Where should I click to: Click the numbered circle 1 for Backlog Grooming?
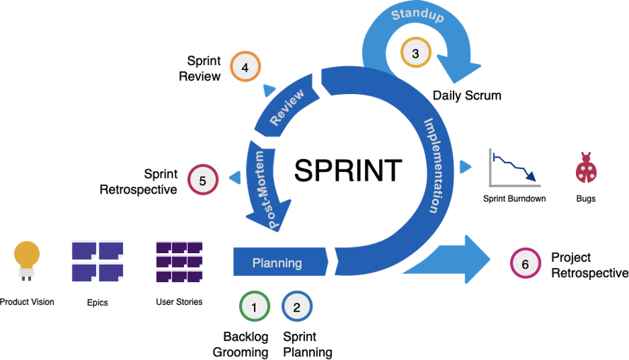tap(254, 308)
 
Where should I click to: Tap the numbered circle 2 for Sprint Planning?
tap(297, 308)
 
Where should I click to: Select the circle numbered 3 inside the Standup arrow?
tap(415, 53)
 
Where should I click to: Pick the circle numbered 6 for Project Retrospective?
tap(525, 264)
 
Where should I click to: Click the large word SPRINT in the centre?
tap(348, 171)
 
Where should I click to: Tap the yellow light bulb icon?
tap(27, 259)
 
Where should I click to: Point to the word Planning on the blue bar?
tap(277, 263)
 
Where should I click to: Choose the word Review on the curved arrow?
tap(287, 107)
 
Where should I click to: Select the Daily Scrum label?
tap(467, 95)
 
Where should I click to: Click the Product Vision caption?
tap(28, 302)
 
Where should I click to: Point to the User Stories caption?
tap(179, 302)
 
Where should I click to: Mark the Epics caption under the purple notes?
tap(97, 302)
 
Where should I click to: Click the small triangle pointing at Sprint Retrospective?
tap(236, 177)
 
